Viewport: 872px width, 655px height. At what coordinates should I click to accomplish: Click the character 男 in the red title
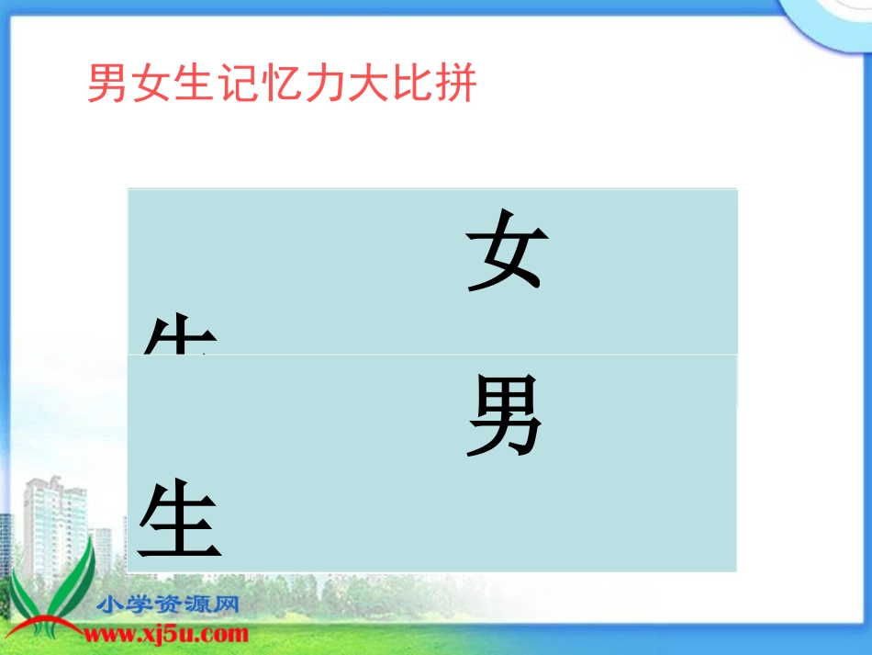tap(107, 85)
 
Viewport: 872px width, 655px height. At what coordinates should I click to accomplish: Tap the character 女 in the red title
tap(151, 85)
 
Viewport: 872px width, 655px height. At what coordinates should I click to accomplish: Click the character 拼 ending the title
tap(456, 85)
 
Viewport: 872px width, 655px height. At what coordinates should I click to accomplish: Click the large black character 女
tap(508, 250)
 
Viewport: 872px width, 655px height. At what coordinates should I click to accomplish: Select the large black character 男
tap(505, 418)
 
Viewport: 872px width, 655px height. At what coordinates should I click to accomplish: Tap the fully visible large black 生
tap(180, 524)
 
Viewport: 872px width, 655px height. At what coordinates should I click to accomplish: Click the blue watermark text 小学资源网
tap(168, 605)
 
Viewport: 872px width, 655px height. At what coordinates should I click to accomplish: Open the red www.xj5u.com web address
tap(166, 633)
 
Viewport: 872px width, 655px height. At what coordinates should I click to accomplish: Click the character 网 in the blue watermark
tap(226, 605)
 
